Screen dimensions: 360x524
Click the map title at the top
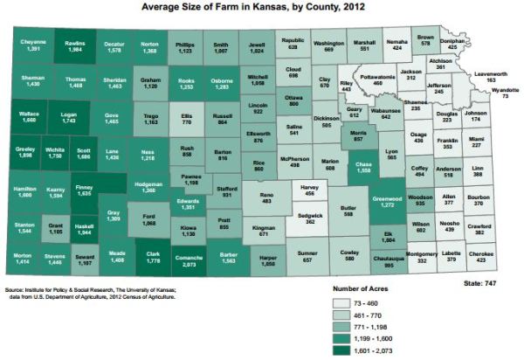[262, 6]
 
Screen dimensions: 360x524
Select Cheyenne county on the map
[32, 46]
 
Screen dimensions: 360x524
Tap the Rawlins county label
[74, 45]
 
